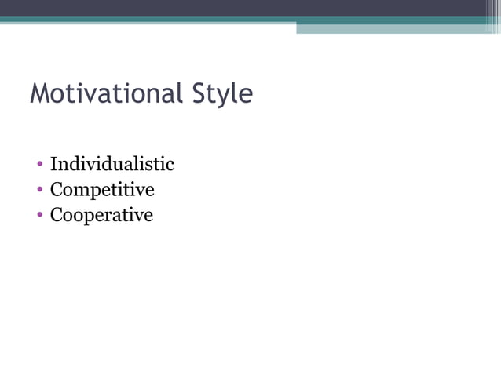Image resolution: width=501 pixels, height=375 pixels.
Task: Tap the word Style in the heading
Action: click(x=222, y=95)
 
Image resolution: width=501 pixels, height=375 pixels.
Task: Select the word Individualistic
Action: click(x=112, y=164)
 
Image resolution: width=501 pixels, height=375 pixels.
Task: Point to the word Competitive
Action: click(x=102, y=190)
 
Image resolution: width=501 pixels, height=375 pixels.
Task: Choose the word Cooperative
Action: click(x=101, y=215)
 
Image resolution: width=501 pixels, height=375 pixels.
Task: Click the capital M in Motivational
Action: click(x=41, y=94)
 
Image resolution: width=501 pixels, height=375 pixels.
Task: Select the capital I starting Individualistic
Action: click(x=54, y=164)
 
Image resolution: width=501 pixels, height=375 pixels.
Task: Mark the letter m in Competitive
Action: click(x=80, y=191)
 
